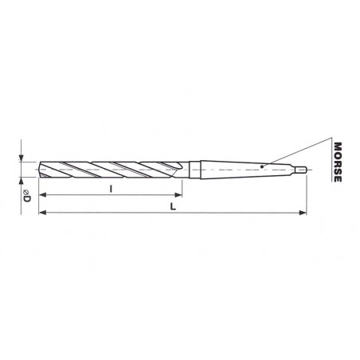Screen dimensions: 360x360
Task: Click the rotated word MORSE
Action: click(338, 162)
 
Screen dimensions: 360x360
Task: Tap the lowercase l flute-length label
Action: click(111, 189)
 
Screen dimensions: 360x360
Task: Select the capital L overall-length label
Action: click(173, 206)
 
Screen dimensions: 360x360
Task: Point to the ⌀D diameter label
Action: click(26, 195)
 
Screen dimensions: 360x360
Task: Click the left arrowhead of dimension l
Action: click(43, 195)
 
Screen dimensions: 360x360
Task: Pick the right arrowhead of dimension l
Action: click(178, 195)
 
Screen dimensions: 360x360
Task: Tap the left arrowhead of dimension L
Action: click(43, 213)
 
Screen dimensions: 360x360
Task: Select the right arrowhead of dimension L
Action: click(303, 213)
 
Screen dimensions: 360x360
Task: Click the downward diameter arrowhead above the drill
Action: click(21, 158)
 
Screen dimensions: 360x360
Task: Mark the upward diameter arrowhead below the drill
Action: click(21, 181)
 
